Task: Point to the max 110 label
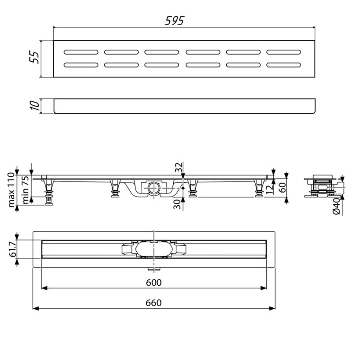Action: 12,189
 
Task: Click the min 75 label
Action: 27,189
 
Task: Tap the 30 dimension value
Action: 179,204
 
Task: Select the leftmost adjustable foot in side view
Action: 47,191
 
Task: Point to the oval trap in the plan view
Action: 153,249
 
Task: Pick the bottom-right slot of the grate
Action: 283,64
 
